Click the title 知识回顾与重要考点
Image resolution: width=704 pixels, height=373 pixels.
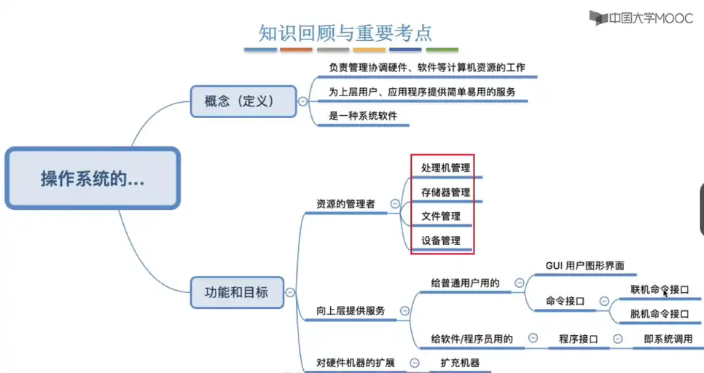tap(345, 33)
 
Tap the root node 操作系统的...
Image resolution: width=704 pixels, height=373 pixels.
tap(93, 179)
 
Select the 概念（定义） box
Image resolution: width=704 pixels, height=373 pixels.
tap(240, 101)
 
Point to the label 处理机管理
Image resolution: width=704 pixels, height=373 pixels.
tap(445, 168)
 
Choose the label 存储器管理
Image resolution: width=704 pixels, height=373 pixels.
tap(445, 192)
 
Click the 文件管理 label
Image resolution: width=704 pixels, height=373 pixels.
tap(440, 216)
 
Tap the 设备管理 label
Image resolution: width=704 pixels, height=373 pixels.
tap(440, 240)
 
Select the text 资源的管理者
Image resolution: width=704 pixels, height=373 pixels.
tap(345, 205)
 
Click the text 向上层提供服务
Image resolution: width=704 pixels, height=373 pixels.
tap(351, 310)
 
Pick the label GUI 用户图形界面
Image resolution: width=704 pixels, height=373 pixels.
tap(584, 266)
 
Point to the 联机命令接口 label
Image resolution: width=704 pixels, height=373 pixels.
tap(660, 289)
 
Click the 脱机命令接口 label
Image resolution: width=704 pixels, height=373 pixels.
tap(660, 314)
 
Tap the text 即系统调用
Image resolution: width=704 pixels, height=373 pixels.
tap(668, 339)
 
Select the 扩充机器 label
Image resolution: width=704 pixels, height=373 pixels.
tap(460, 362)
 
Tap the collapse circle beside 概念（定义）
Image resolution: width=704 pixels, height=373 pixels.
tap(302, 101)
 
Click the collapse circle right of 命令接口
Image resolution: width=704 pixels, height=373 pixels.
tap(603, 301)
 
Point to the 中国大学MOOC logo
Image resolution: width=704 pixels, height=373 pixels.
tap(641, 19)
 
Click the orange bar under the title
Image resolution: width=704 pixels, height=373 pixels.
tap(296, 50)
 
